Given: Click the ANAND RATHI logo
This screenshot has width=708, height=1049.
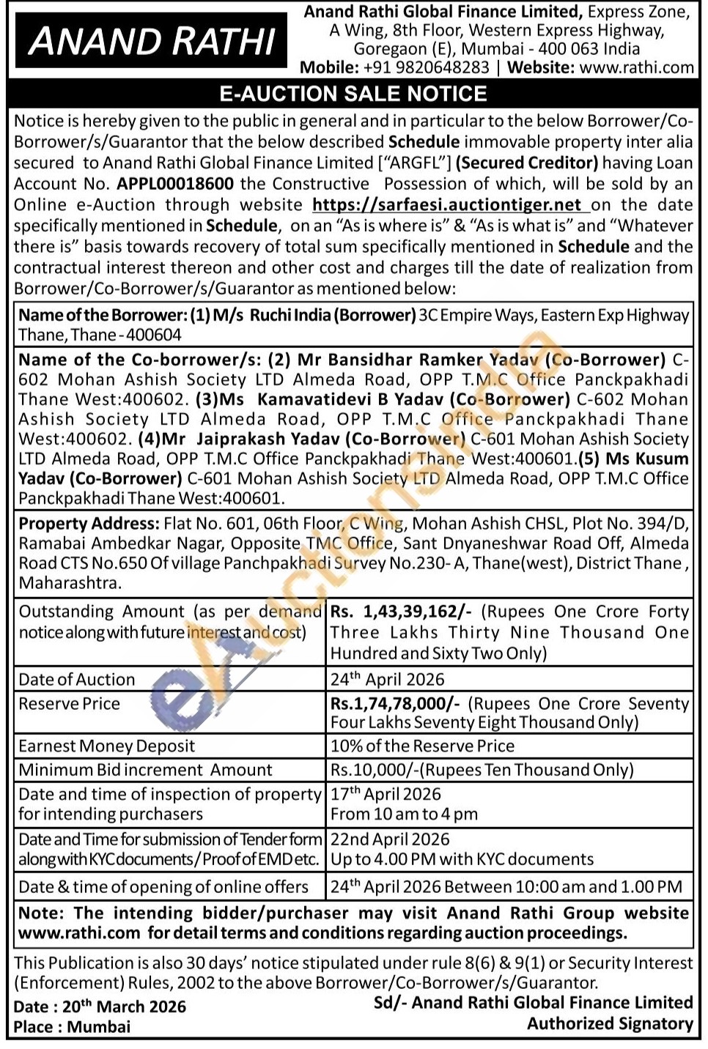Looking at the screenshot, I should click(x=152, y=41).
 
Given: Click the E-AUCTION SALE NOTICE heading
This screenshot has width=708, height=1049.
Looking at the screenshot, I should click(x=353, y=94).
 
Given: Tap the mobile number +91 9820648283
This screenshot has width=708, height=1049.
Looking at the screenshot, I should click(x=426, y=68).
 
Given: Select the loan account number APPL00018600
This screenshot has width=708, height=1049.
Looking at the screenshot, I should click(x=175, y=184).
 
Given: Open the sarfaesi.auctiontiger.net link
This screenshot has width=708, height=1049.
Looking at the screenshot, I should click(x=447, y=205).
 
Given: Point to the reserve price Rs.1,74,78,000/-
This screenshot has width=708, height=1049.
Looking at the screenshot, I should click(x=395, y=704).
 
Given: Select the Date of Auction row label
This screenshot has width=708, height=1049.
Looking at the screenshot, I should click(x=77, y=680).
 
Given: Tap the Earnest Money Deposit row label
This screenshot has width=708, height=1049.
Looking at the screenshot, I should click(x=107, y=746).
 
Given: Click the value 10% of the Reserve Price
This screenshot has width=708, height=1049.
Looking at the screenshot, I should click(x=422, y=746).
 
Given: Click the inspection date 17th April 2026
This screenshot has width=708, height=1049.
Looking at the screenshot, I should click(x=386, y=795).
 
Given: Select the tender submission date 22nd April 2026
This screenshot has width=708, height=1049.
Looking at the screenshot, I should click(x=390, y=839).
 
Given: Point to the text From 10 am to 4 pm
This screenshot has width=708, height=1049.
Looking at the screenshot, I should click(x=404, y=815).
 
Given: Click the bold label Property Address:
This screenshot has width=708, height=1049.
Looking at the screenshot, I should click(x=89, y=524).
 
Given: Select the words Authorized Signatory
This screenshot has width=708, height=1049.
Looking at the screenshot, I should click(x=610, y=1024).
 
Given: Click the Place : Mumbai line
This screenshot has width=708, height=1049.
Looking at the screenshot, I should click(x=72, y=1027).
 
